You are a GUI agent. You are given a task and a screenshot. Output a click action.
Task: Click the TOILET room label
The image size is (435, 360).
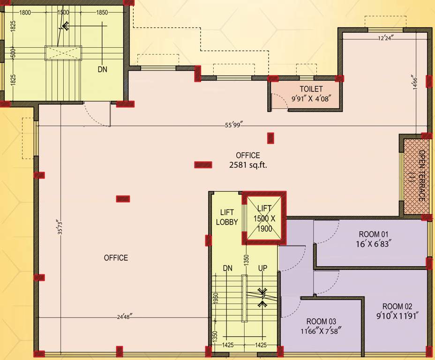[x=311, y=89]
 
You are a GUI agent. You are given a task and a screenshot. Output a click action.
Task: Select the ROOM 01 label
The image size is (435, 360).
[x=374, y=234]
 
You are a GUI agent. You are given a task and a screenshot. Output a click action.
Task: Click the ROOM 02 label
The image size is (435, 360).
[x=397, y=307]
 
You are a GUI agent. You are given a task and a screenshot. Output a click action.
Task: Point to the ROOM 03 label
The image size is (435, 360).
[x=321, y=322]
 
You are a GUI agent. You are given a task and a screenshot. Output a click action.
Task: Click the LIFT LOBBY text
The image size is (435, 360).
[x=227, y=217]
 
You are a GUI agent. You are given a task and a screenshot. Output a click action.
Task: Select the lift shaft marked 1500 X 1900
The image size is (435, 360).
[x=264, y=218]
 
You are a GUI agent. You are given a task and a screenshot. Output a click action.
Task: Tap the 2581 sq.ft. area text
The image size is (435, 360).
[x=248, y=165]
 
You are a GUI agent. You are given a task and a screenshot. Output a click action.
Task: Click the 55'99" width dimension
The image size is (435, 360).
[x=233, y=125]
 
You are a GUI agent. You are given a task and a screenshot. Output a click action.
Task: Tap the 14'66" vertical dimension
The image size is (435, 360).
[x=413, y=85]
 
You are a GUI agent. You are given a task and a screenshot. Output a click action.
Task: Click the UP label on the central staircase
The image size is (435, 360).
[x=262, y=269]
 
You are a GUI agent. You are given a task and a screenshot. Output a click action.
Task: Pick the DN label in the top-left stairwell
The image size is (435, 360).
[x=103, y=69]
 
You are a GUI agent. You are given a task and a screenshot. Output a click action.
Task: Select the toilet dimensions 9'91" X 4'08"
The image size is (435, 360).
[x=311, y=98]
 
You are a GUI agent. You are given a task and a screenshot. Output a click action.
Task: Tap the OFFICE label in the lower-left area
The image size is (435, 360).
[x=116, y=258]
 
